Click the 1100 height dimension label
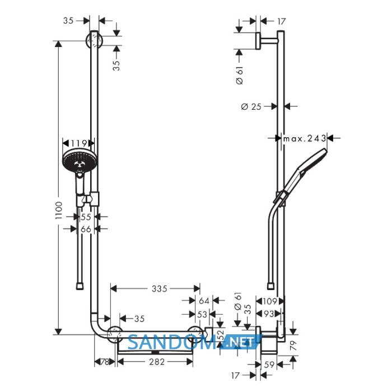point(58,211)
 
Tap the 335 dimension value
point(159,289)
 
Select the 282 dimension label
point(157,362)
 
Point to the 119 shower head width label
point(79,143)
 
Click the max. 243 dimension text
point(305,138)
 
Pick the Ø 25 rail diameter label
point(251,107)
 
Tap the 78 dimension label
point(105,362)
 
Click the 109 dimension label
point(270,301)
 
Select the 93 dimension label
point(269,314)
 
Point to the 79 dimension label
point(293,346)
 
